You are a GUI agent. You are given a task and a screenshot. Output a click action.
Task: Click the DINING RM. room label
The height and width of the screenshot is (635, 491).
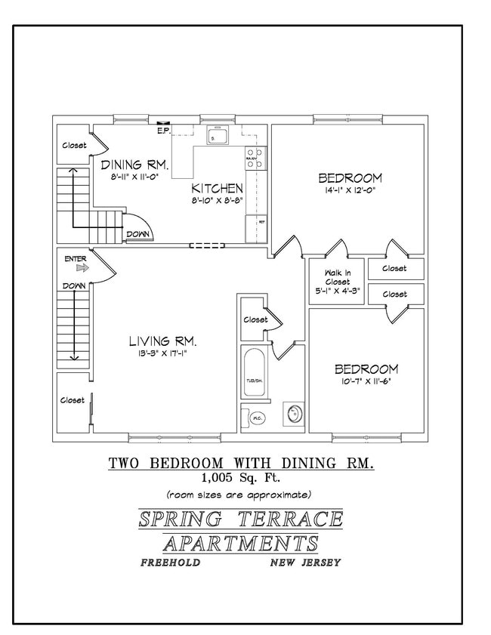(134, 164)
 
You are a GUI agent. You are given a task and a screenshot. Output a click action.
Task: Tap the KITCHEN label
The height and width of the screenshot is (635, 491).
(217, 188)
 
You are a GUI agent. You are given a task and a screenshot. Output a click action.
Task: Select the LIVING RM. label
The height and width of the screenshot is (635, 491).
(162, 340)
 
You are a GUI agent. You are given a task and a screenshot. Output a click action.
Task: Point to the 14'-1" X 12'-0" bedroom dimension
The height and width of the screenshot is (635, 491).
(350, 192)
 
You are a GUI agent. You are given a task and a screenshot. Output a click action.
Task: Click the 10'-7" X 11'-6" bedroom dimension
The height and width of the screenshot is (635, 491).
(366, 382)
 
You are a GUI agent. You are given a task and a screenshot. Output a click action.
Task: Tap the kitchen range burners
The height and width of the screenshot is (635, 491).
(254, 158)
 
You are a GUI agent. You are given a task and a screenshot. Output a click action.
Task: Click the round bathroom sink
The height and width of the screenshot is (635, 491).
(293, 414)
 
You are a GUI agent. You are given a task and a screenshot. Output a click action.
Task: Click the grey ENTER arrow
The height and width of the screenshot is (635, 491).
(82, 267)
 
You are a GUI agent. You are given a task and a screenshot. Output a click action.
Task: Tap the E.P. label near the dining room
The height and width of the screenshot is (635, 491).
(162, 131)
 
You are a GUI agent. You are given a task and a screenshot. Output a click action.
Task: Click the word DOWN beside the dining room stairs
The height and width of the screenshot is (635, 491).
(137, 234)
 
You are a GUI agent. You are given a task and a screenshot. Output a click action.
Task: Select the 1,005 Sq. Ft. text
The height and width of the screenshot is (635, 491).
(240, 477)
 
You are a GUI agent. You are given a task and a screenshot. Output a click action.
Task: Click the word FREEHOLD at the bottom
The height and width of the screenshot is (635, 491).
(171, 563)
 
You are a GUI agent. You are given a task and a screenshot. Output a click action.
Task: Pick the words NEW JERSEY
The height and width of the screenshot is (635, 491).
(305, 563)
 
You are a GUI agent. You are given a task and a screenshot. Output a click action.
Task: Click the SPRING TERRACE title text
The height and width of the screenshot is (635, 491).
(240, 519)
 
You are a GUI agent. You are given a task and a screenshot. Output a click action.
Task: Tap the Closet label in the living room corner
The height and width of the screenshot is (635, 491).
(73, 400)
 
